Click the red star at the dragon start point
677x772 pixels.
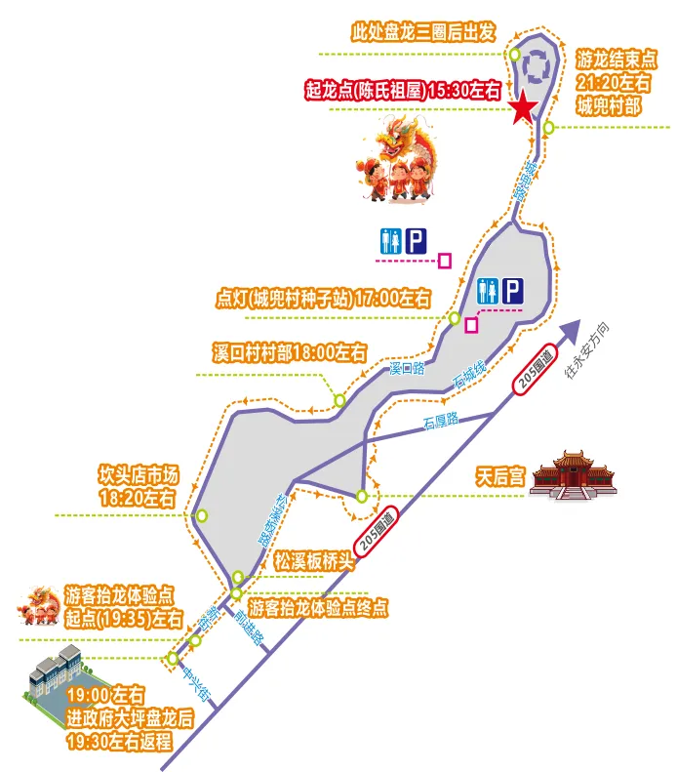(524, 108)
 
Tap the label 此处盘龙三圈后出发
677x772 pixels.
(425, 31)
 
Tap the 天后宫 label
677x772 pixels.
(500, 477)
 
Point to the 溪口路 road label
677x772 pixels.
(408, 368)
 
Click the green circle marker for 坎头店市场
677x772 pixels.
(202, 515)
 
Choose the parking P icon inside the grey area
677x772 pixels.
(513, 289)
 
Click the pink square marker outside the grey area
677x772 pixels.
(445, 260)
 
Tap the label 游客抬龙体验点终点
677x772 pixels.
(319, 608)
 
